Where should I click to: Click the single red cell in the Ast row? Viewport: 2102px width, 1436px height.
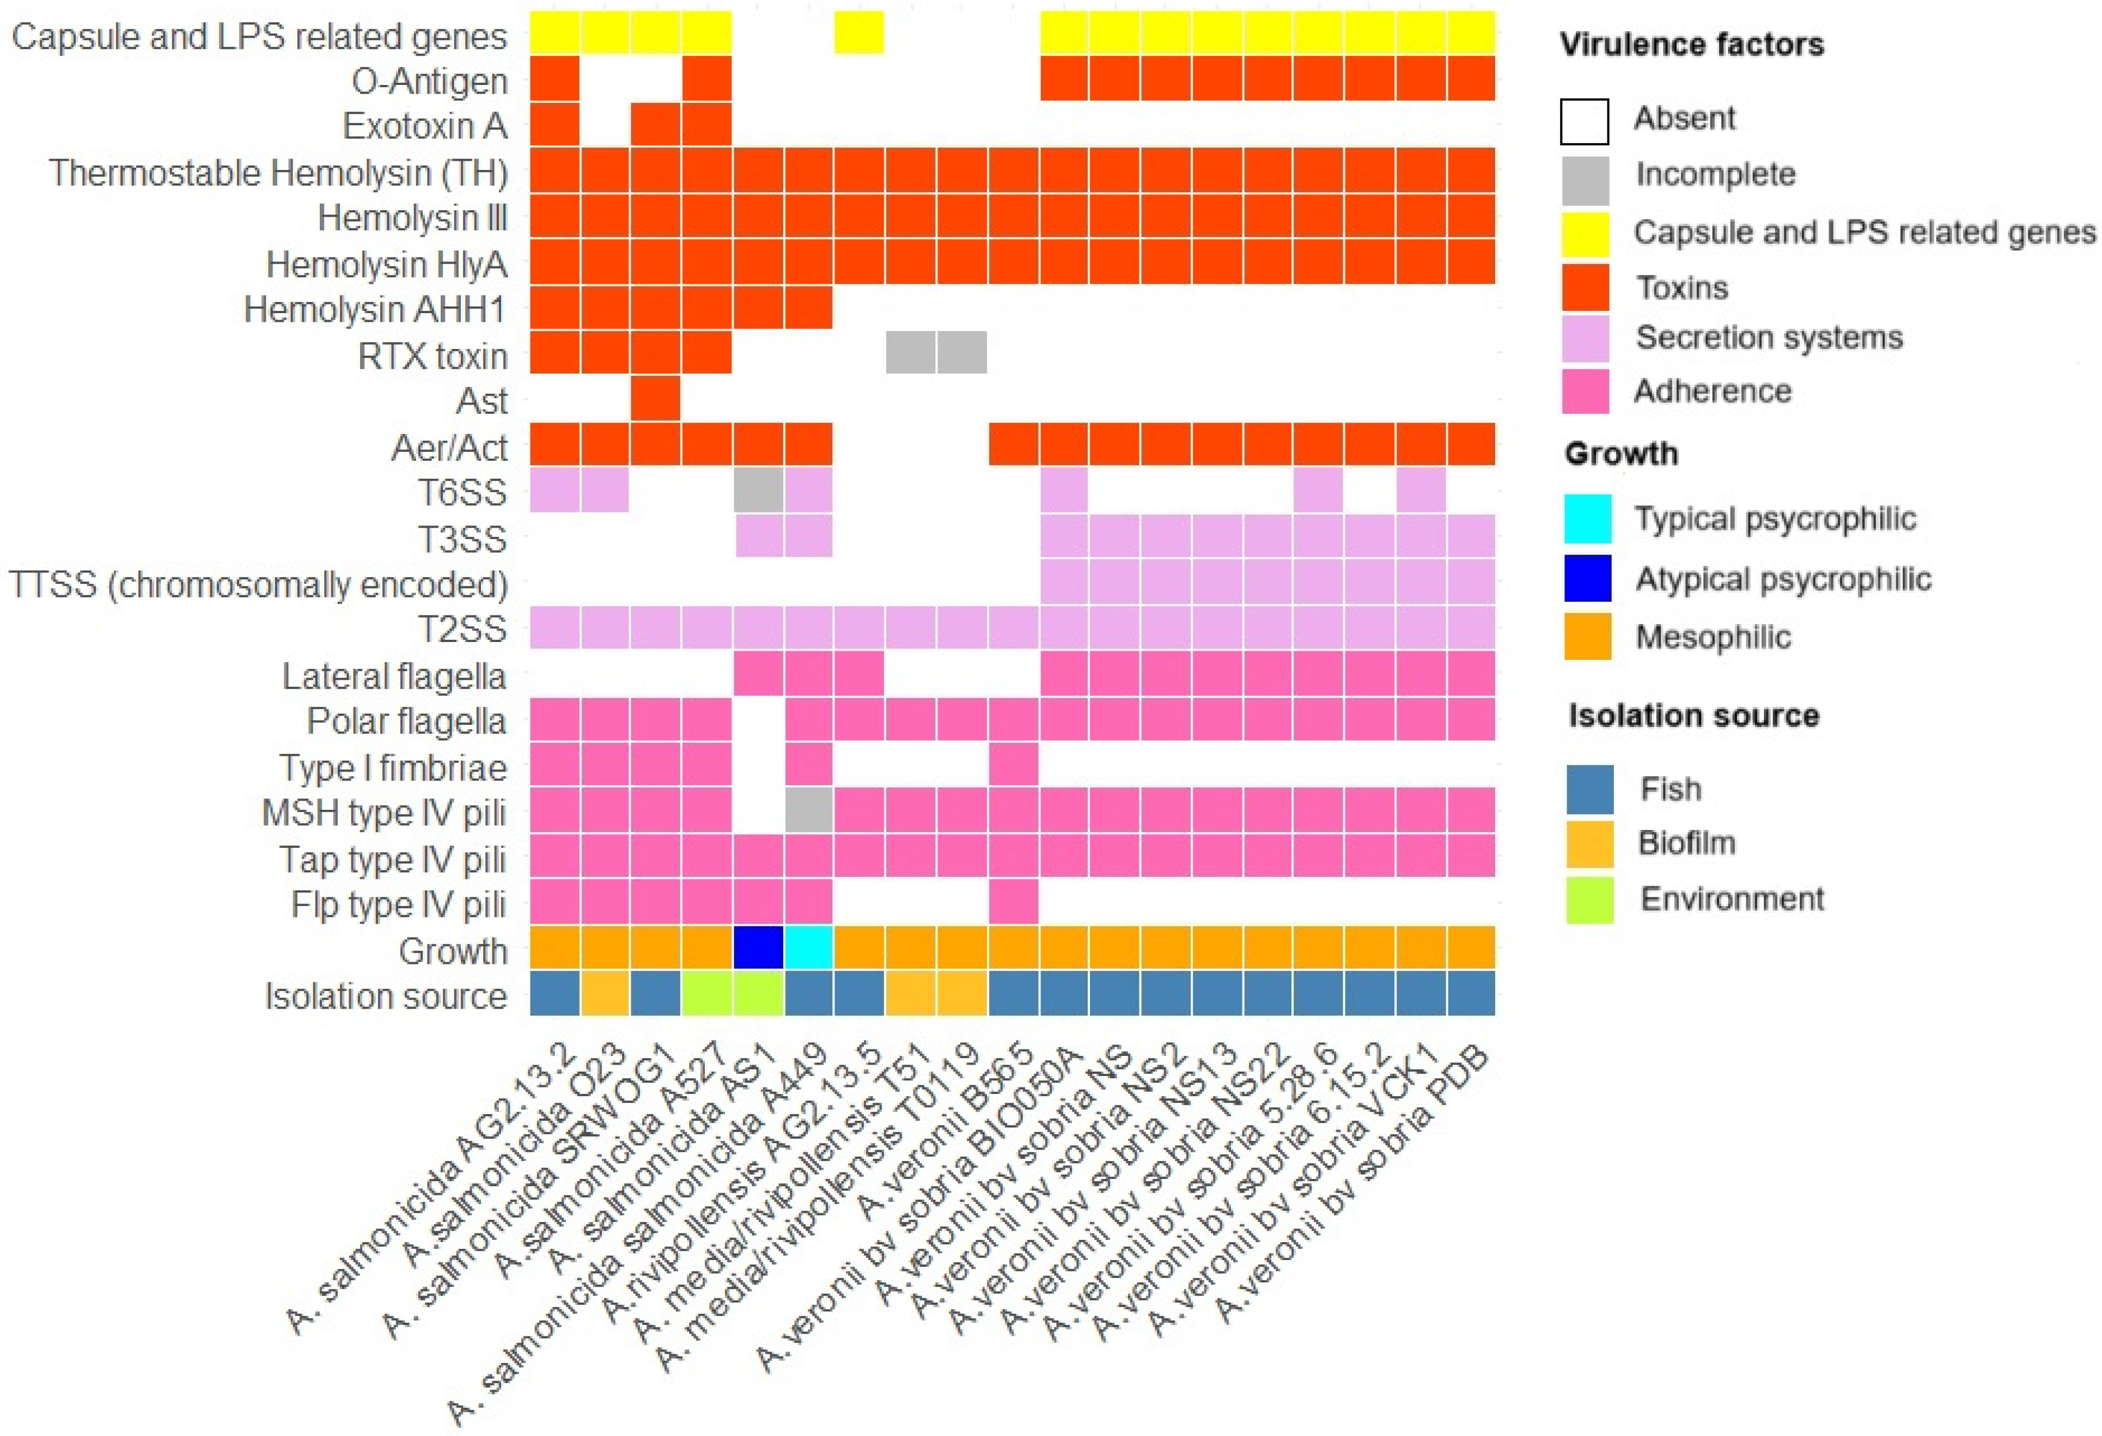coord(655,399)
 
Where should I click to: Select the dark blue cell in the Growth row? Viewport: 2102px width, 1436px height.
coord(758,947)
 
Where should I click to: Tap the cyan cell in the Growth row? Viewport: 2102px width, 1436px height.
coord(808,947)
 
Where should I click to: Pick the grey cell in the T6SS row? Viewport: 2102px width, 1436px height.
coord(758,490)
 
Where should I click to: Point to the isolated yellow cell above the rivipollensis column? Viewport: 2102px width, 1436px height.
coord(858,33)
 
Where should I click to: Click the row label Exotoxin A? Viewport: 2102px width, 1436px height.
coord(424,126)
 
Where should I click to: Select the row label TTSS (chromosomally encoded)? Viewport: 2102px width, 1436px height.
coord(258,584)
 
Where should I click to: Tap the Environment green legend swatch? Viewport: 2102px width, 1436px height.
coord(1589,900)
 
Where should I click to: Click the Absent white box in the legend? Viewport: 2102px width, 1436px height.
coord(1584,121)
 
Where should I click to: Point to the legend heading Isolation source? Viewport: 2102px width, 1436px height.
coord(1693,716)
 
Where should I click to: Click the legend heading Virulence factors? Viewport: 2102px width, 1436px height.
coord(1691,44)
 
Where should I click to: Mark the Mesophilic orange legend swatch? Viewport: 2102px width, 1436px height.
coord(1587,637)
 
